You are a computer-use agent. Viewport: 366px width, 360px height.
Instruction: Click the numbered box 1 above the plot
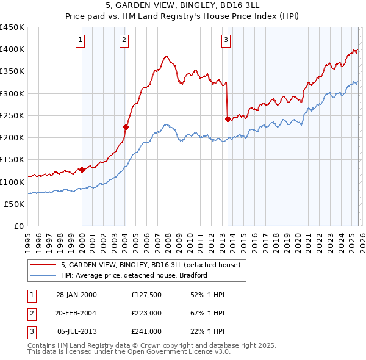pyautogui.click(x=81, y=41)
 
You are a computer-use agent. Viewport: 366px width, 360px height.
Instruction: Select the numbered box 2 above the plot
pyautogui.click(x=124, y=41)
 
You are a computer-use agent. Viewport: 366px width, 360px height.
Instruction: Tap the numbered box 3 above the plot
pyautogui.click(x=226, y=41)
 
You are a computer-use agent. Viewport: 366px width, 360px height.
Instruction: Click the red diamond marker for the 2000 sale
pyautogui.click(x=82, y=170)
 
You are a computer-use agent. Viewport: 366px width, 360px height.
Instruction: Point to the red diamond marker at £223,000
pyautogui.click(x=126, y=128)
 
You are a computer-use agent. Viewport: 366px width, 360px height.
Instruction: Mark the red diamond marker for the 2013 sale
pyautogui.click(x=228, y=120)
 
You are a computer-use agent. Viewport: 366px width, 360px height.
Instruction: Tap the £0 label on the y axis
pyautogui.click(x=18, y=226)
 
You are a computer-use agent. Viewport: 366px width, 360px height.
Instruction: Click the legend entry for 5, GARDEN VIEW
pyautogui.click(x=151, y=265)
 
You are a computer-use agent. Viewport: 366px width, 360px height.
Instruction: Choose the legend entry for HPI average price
pyautogui.click(x=134, y=275)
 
